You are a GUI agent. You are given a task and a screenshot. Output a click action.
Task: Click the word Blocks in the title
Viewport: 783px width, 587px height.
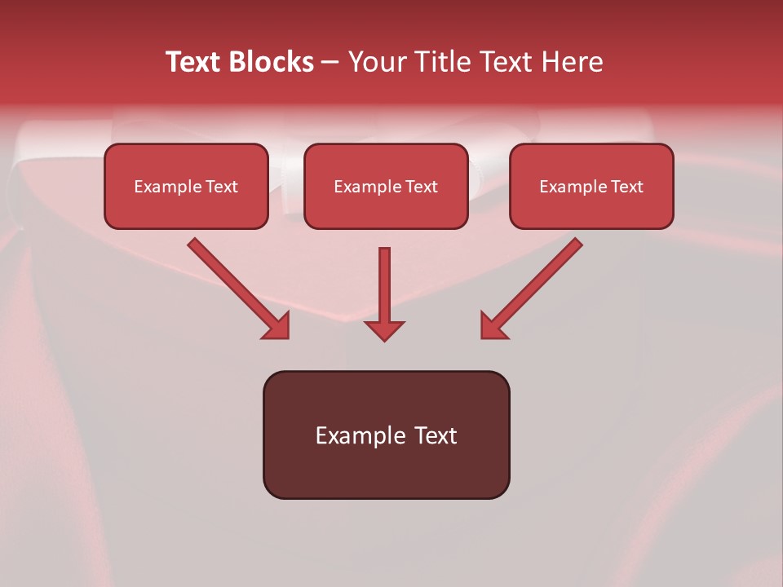pyautogui.click(x=271, y=62)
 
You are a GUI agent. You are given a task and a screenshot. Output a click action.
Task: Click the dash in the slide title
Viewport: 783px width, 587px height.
pyautogui.click(x=330, y=62)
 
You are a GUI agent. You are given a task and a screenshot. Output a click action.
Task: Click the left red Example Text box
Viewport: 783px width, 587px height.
pyautogui.click(x=186, y=187)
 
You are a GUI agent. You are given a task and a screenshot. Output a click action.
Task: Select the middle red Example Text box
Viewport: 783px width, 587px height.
pyautogui.click(x=386, y=187)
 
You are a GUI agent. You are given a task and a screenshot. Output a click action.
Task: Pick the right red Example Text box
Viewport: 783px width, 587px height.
pyautogui.click(x=591, y=187)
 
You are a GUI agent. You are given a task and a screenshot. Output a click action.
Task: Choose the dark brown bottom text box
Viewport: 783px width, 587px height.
pyautogui.click(x=386, y=435)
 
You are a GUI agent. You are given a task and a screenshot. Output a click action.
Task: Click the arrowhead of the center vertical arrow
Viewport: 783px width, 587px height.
pyautogui.click(x=384, y=330)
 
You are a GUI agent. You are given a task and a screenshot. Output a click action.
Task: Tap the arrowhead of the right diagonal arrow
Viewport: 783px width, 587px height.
pyautogui.click(x=493, y=326)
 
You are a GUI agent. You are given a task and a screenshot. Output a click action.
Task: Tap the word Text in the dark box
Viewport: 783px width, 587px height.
pyautogui.click(x=435, y=435)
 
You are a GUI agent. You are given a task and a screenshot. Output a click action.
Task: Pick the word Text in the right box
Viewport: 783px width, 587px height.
pyautogui.click(x=626, y=187)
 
